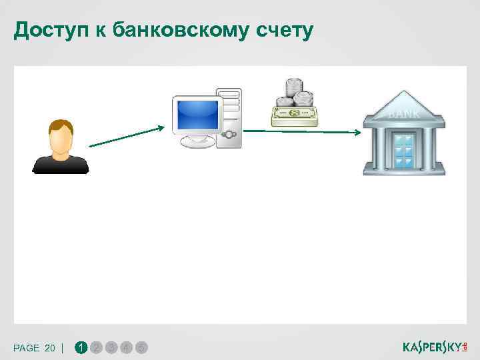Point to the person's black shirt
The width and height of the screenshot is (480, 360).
pyautogui.click(x=61, y=165)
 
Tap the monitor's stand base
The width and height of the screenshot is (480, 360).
pyautogui.click(x=198, y=142)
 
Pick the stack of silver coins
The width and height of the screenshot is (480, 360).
pyautogui.click(x=295, y=93)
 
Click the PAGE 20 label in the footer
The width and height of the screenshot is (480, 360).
pyautogui.click(x=35, y=348)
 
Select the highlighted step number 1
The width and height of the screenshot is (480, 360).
pyautogui.click(x=81, y=347)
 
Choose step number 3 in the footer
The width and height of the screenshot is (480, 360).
pyautogui.click(x=111, y=347)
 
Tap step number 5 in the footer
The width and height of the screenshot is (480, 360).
pyautogui.click(x=141, y=347)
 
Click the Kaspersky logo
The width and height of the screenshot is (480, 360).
pyautogui.click(x=435, y=347)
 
